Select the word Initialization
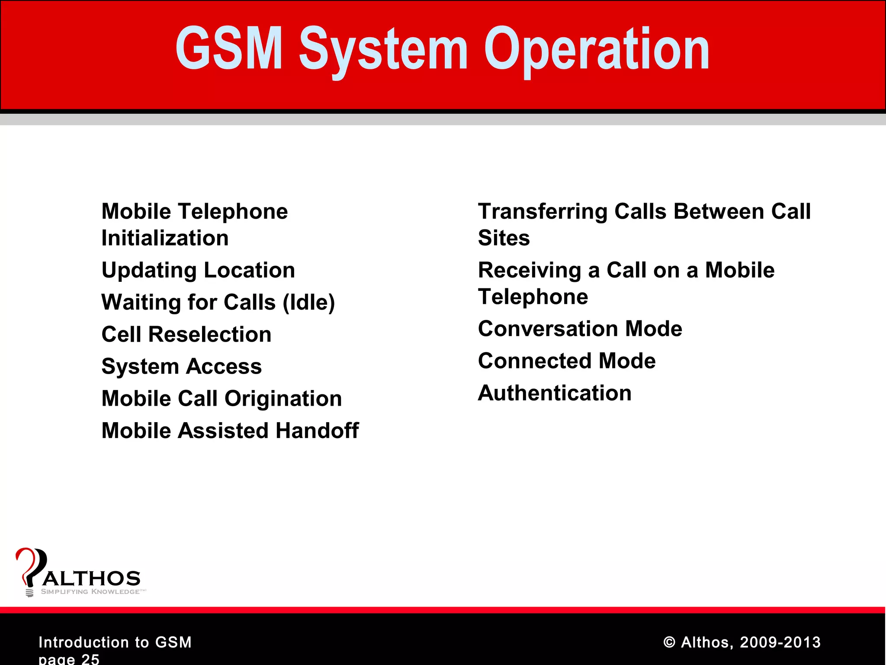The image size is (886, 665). tap(165, 238)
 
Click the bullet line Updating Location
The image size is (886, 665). tap(198, 271)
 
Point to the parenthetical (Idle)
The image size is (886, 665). tap(308, 302)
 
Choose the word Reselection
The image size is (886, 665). tap(210, 334)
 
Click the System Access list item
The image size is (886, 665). tap(181, 366)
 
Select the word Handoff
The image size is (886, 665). tap(317, 430)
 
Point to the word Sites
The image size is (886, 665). tap(504, 238)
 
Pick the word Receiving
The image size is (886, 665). tap(530, 271)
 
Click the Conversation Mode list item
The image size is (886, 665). tap(580, 329)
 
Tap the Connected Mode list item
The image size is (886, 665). tap(567, 361)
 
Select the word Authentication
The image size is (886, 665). tap(555, 393)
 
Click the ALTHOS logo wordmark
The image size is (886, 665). tap(92, 578)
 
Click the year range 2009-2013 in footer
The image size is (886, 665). tap(780, 642)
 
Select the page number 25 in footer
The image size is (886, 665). tap(90, 659)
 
